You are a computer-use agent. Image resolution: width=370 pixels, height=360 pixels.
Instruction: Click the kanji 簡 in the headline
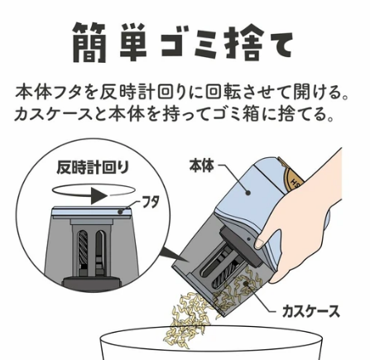[x=89, y=42]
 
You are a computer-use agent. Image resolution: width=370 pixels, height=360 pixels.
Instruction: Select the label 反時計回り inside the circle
[x=93, y=168]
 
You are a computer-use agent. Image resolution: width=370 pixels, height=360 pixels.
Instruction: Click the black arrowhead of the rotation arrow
[x=99, y=195]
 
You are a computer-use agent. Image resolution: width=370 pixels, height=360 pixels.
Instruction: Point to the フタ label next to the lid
[x=151, y=203]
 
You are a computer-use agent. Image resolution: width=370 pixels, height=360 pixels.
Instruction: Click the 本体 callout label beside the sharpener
[x=202, y=166]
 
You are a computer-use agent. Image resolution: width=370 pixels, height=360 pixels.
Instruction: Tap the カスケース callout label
[x=310, y=312]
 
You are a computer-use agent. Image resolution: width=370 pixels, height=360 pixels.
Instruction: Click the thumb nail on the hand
[x=259, y=243]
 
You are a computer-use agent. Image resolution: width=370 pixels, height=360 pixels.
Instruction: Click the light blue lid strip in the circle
[x=91, y=213]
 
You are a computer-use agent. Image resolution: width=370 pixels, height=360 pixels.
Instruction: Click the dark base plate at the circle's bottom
[x=92, y=283]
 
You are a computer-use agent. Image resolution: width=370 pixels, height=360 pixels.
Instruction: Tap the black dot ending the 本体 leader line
[x=248, y=194]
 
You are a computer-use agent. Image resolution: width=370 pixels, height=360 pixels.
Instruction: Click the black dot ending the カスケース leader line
[x=245, y=283]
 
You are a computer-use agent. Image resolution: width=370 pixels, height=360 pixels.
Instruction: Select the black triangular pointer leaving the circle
[x=174, y=254]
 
